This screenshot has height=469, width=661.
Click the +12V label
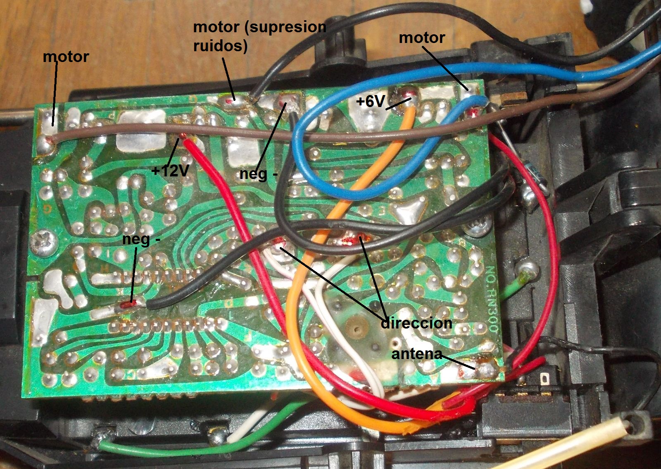click(170, 170)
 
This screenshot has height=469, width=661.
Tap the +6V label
click(371, 101)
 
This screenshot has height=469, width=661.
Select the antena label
click(416, 354)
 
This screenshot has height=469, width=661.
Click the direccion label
click(416, 323)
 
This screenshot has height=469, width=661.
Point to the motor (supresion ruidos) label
click(259, 36)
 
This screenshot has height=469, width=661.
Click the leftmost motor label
click(66, 57)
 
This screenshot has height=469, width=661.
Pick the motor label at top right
click(422, 38)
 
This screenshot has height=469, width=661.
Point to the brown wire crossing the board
click(248, 133)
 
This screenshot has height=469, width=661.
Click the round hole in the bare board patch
click(356, 329)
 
